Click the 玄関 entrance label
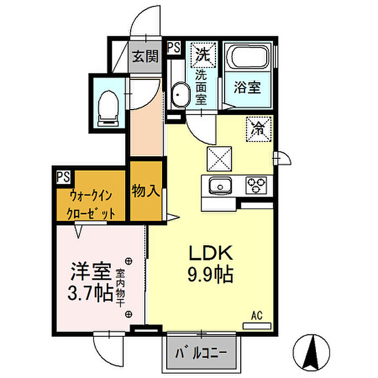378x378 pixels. click(x=145, y=56)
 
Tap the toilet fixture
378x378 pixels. click(x=109, y=108)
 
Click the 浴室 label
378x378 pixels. click(x=247, y=87)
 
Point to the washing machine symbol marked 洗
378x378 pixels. click(x=203, y=55)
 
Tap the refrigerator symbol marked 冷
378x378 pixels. click(x=259, y=129)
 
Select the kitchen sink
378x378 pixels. click(x=220, y=186)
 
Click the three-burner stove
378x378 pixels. click(x=256, y=185)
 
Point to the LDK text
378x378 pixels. click(x=211, y=253)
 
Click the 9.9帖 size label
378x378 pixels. click(x=211, y=274)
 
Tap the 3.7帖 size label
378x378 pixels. click(x=91, y=293)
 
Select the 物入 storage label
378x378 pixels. click(x=146, y=191)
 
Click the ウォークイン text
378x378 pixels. click(x=91, y=195)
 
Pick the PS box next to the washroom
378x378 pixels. click(x=173, y=48)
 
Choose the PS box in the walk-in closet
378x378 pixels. click(x=63, y=177)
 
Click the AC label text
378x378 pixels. click(x=257, y=315)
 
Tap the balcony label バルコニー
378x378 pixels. click(x=201, y=353)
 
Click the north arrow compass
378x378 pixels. click(x=311, y=353)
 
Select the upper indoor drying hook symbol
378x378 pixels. click(x=129, y=261)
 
